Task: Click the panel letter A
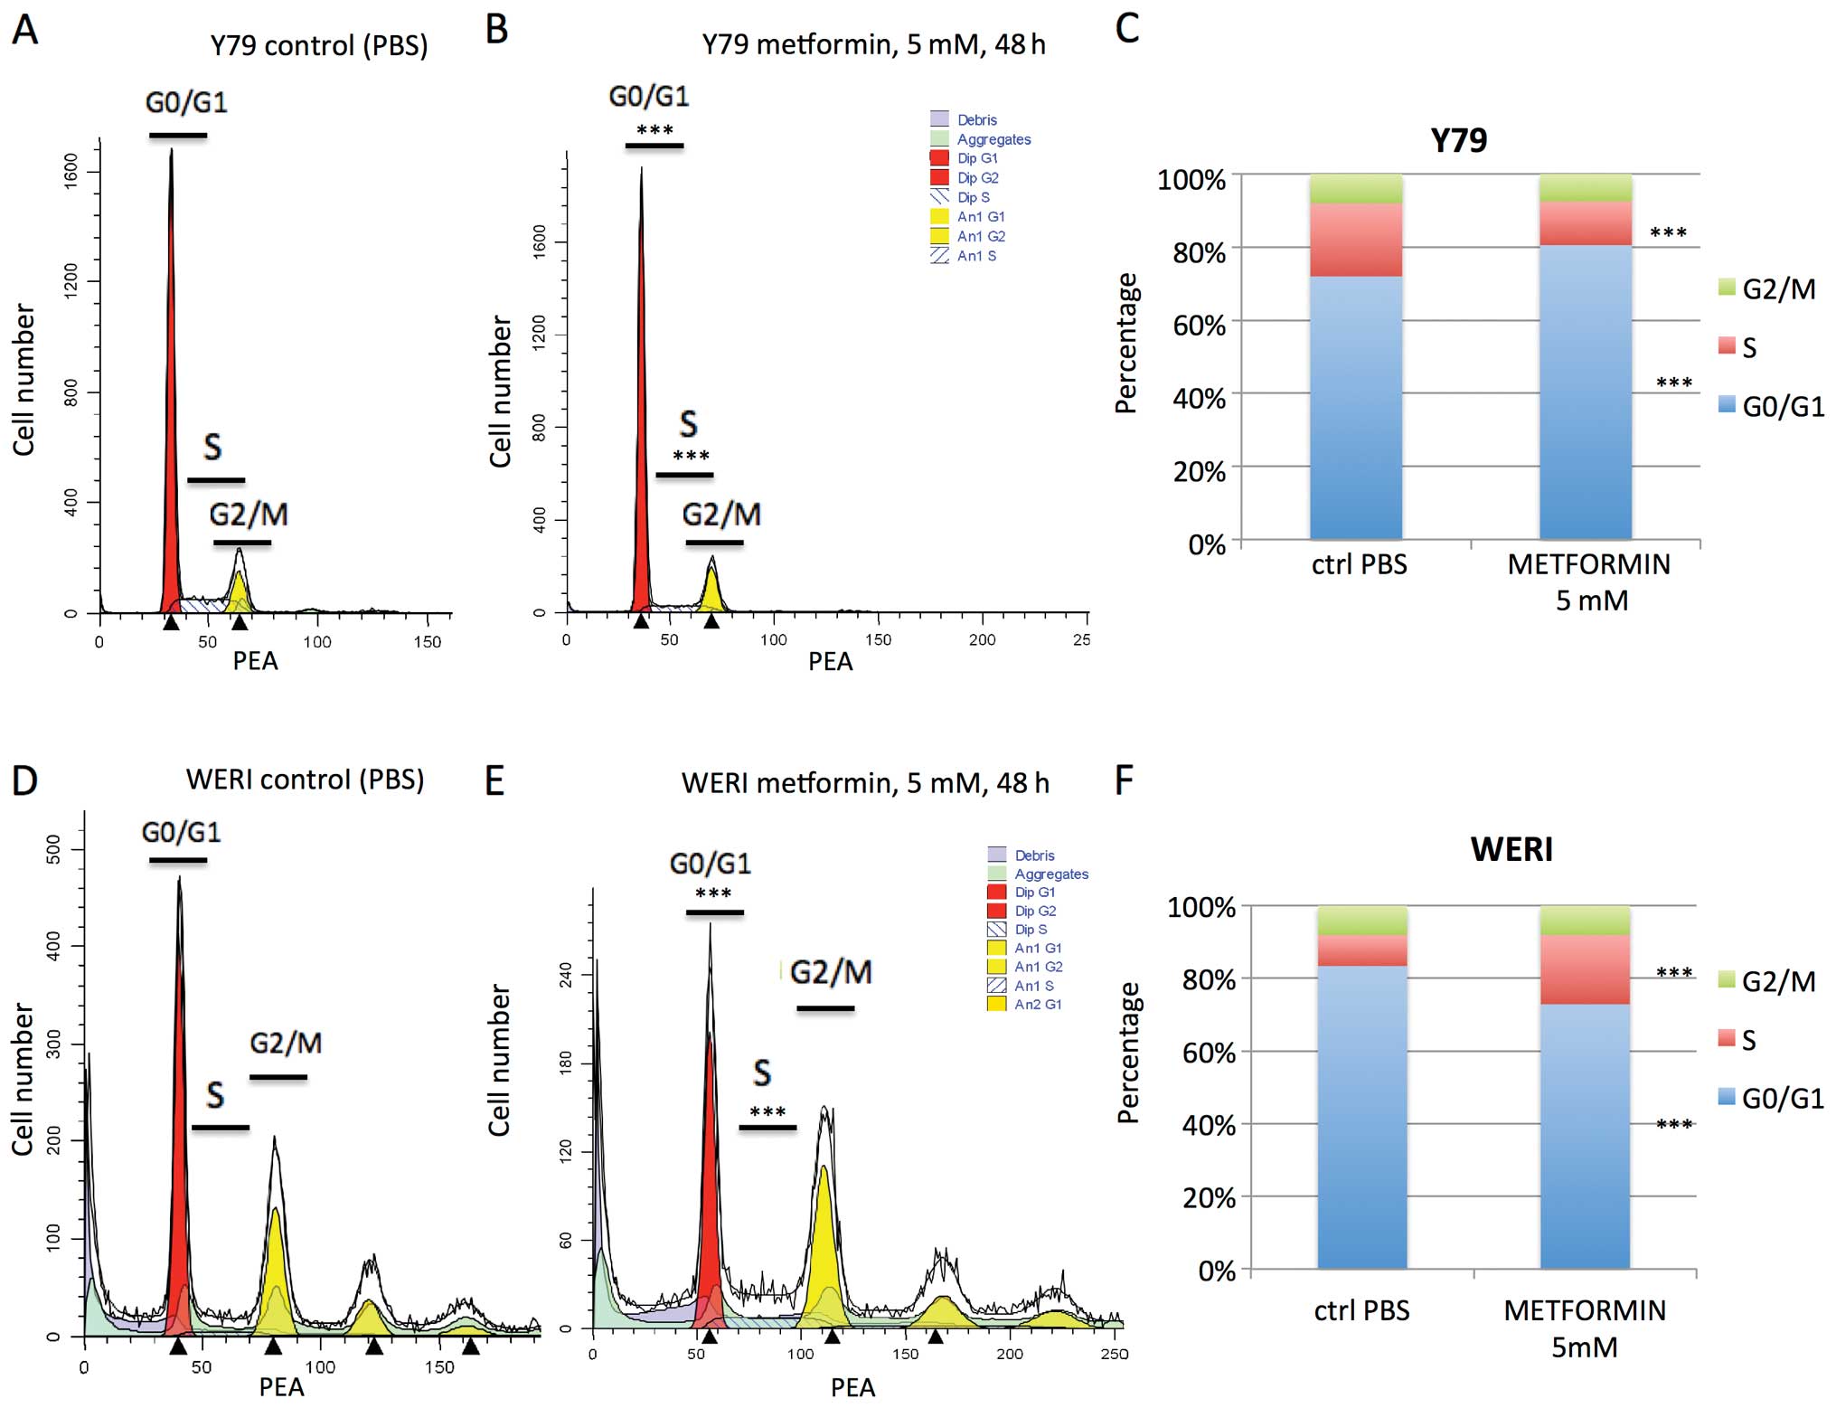tap(24, 30)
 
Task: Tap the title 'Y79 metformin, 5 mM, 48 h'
tap(872, 44)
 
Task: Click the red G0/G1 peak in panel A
tap(171, 407)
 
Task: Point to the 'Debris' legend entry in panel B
tap(976, 119)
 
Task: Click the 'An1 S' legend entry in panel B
tap(976, 256)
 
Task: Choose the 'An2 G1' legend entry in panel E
tap(1037, 1004)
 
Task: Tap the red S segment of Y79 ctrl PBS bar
tap(1355, 240)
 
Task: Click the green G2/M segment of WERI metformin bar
tap(1584, 921)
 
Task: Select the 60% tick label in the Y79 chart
tap(1199, 326)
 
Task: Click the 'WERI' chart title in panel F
tap(1511, 850)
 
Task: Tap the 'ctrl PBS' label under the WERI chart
tap(1361, 1310)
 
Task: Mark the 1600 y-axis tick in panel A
tap(71, 170)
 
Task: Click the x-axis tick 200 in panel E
tap(1009, 1354)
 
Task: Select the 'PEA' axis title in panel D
tap(281, 1386)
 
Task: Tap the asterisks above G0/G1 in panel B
tap(654, 130)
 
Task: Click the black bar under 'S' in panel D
tap(220, 1128)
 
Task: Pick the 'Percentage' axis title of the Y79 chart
tap(1126, 344)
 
